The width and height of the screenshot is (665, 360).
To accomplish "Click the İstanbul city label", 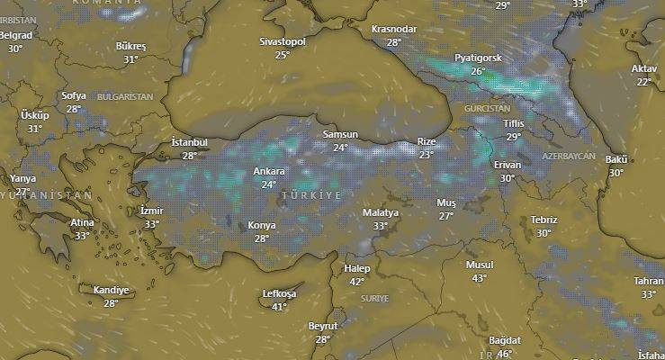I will click(x=189, y=142).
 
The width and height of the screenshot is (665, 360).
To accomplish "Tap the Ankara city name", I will click(x=269, y=171).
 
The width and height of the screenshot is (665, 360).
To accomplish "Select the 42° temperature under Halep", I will click(x=357, y=282).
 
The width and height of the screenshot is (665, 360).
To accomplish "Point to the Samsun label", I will click(x=340, y=135).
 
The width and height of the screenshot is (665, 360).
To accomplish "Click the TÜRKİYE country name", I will click(x=311, y=195).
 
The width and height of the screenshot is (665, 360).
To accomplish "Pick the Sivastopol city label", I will click(x=283, y=41).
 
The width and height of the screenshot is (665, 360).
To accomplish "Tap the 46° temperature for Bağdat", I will click(x=504, y=354).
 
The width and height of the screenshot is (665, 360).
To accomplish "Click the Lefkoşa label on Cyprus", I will click(x=279, y=293).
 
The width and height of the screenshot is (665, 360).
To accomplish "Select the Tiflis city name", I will click(x=514, y=123).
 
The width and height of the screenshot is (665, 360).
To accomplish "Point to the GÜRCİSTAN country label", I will click(x=487, y=108).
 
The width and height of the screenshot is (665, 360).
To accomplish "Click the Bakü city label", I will click(x=616, y=159).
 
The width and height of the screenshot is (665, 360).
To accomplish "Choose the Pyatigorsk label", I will click(x=478, y=58).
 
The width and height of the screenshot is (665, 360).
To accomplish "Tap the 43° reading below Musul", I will click(x=479, y=278).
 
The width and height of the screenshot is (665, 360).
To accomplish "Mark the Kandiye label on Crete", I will click(x=112, y=290).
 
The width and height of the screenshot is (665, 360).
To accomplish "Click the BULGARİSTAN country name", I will click(x=125, y=96).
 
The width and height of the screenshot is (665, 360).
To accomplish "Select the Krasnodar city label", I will click(x=394, y=29).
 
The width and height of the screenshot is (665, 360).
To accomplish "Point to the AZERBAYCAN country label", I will click(x=569, y=157).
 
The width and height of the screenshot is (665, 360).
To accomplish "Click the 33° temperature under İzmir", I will click(x=152, y=224).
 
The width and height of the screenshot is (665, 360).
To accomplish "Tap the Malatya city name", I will click(x=380, y=212).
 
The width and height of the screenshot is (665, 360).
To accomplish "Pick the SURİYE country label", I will click(x=374, y=298).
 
